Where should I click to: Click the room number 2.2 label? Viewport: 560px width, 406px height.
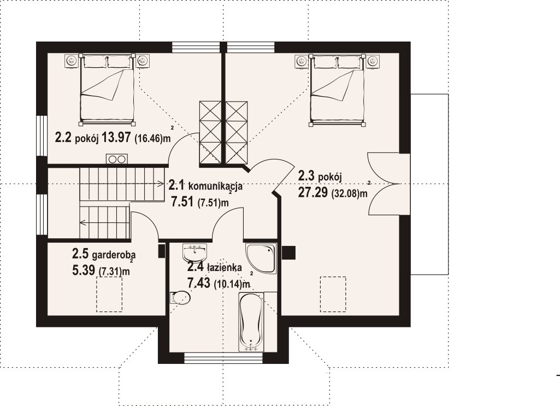tap(63, 137)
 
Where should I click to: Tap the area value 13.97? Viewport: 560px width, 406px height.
tap(116, 137)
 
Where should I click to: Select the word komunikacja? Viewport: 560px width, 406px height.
tap(215, 186)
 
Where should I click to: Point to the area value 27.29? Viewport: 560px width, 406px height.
tap(313, 192)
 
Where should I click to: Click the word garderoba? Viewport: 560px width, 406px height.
tap(114, 255)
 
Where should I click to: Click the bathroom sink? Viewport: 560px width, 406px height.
tap(194, 253)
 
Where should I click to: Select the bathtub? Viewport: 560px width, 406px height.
tap(251, 321)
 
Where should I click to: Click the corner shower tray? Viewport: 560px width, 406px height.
tap(261, 258)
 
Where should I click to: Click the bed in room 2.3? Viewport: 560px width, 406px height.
tap(338, 90)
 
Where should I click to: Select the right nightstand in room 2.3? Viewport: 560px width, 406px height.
tap(373, 61)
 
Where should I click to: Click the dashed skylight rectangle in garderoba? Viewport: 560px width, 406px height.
tap(109, 294)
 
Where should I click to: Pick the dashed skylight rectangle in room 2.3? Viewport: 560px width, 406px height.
tap(333, 294)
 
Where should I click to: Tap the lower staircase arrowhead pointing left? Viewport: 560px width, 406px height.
tap(82, 223)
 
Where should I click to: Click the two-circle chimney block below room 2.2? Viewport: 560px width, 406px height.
tap(117, 159)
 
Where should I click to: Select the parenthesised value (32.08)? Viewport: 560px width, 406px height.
tap(345, 194)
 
